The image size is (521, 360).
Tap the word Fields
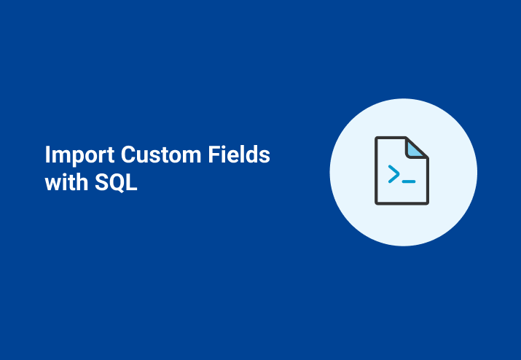[x=245, y=156]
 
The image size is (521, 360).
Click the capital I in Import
[x=47, y=156]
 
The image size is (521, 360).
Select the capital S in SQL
[x=102, y=182]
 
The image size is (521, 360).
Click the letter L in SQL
[x=132, y=182]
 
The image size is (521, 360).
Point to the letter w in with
[x=53, y=184]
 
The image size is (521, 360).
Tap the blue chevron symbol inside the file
[x=393, y=173]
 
